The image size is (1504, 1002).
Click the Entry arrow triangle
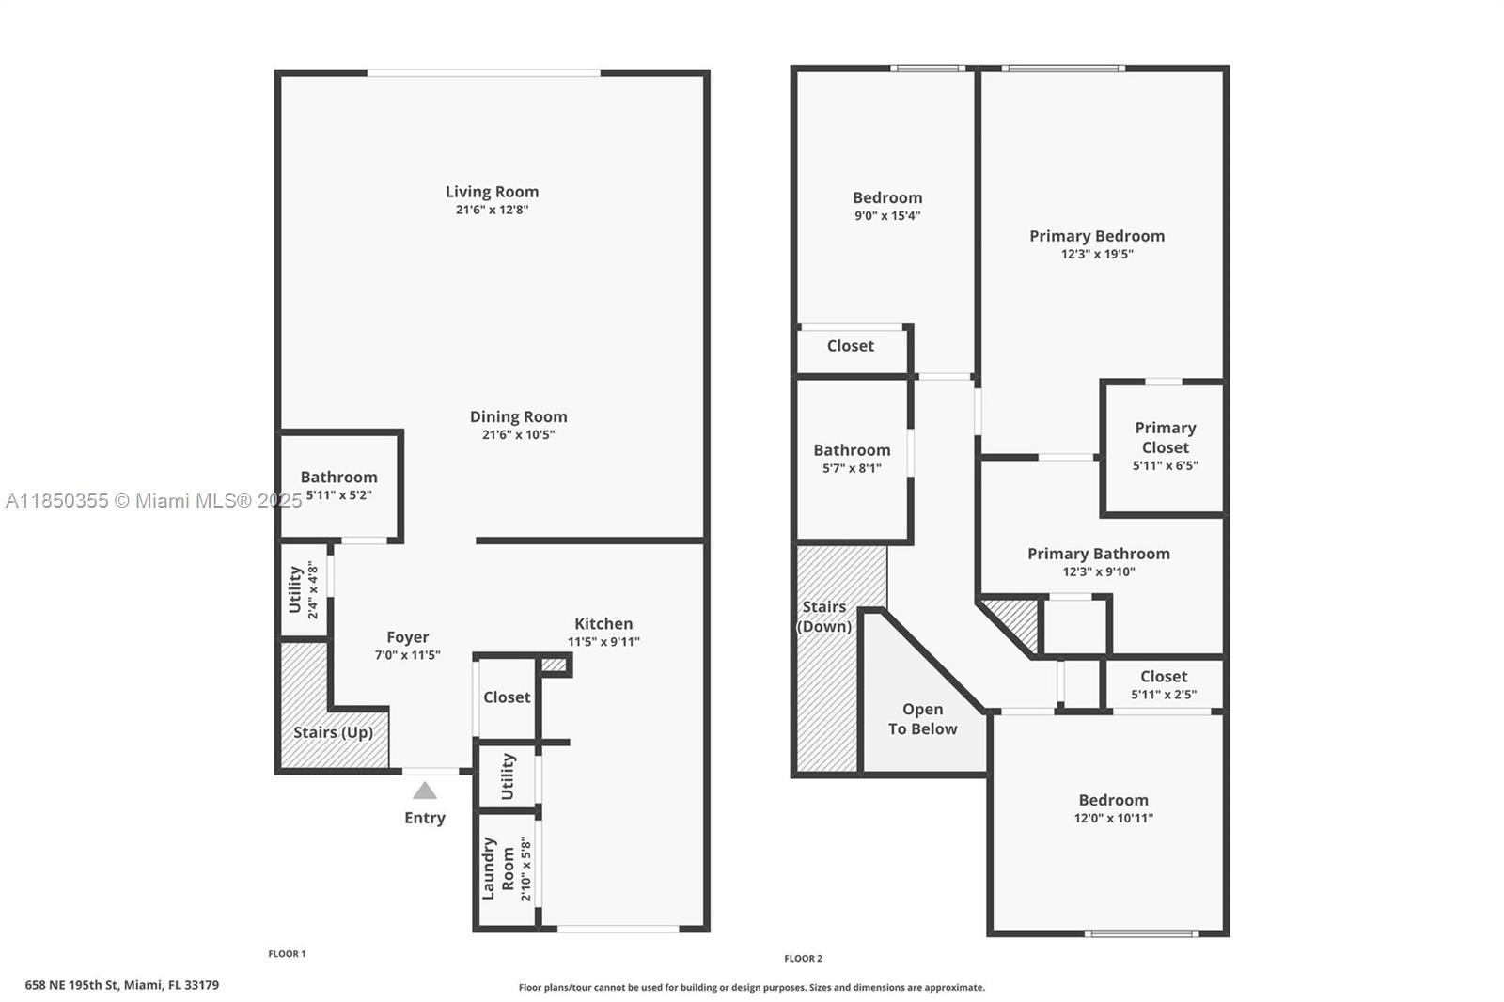tap(424, 791)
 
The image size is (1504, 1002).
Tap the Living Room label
tap(493, 192)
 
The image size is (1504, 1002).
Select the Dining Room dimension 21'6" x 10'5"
tap(518, 434)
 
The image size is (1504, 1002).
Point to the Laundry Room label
tap(497, 868)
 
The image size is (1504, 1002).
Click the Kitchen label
tap(603, 623)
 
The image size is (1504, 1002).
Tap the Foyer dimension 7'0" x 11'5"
tap(408, 655)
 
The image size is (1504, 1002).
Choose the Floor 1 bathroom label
tap(339, 477)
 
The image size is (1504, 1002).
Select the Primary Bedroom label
tap(1097, 236)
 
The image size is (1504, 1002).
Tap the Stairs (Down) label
tap(823, 617)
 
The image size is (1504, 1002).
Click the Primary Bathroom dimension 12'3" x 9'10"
tap(1099, 571)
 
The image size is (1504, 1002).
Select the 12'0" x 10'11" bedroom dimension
tap(1113, 818)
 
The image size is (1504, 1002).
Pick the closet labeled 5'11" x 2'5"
tap(1164, 685)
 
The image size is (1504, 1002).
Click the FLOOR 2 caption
tap(803, 959)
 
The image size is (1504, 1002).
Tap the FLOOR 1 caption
tap(287, 954)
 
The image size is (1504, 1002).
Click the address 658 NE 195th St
tap(72, 985)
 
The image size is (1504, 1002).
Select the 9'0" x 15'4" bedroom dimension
tap(887, 215)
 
